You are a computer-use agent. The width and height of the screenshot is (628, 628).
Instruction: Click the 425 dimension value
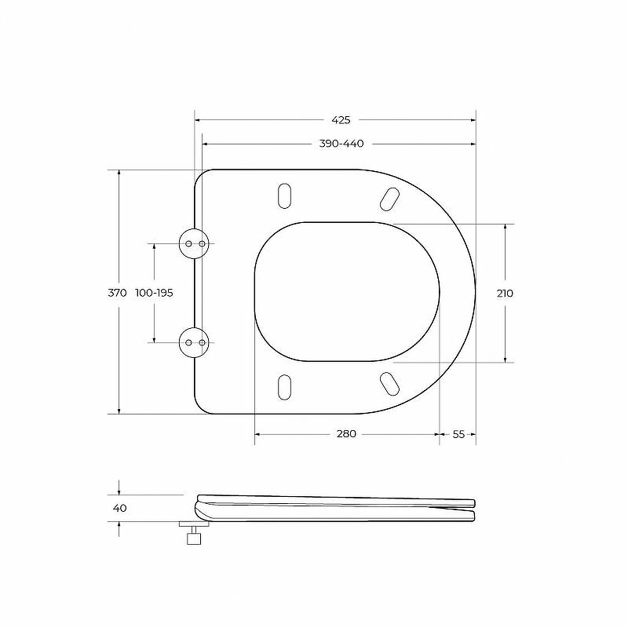pyautogui.click(x=341, y=120)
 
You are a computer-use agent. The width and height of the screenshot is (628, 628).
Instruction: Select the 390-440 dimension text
pyautogui.click(x=341, y=144)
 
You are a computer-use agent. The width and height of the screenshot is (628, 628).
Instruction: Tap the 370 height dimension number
pyautogui.click(x=117, y=293)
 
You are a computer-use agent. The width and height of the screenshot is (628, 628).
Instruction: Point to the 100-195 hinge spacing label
pyautogui.click(x=154, y=293)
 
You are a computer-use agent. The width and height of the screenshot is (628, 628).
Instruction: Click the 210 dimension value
pyautogui.click(x=505, y=293)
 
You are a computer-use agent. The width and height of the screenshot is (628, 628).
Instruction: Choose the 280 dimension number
pyautogui.click(x=346, y=434)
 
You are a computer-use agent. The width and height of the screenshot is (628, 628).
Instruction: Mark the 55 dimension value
pyautogui.click(x=458, y=434)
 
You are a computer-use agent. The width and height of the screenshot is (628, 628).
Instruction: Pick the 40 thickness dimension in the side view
pyautogui.click(x=120, y=508)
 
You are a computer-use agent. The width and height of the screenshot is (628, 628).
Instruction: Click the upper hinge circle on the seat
pyautogui.click(x=193, y=243)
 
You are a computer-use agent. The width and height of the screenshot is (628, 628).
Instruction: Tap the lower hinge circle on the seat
pyautogui.click(x=193, y=342)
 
